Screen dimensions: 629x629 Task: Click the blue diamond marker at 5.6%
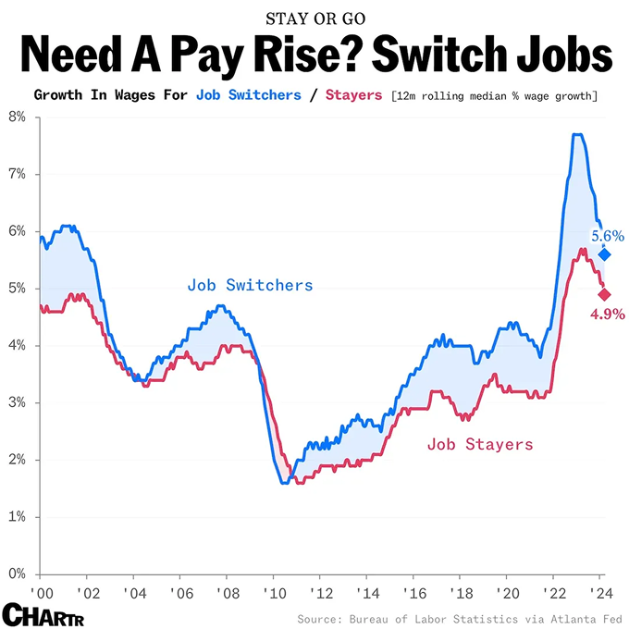click(604, 254)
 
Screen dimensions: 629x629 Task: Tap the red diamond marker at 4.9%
click(604, 294)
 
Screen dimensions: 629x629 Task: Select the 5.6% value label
click(608, 236)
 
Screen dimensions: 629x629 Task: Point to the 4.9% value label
click(608, 314)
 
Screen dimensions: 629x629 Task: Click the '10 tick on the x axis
click(273, 592)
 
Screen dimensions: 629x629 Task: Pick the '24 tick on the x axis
click(599, 592)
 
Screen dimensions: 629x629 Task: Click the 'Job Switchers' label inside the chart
click(250, 285)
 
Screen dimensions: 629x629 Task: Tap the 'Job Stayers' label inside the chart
click(479, 444)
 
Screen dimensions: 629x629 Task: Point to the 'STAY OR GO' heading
click(314, 18)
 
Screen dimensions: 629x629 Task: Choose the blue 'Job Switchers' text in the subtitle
click(249, 95)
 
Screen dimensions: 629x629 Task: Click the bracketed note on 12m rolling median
click(494, 96)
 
